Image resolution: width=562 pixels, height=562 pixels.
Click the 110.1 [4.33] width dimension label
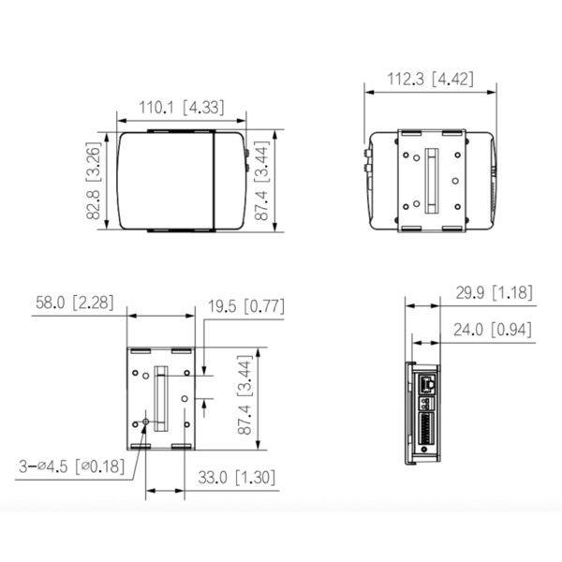[182, 108]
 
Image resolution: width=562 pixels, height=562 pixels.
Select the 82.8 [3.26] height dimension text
[94, 181]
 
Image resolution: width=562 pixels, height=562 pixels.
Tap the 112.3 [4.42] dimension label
[429, 80]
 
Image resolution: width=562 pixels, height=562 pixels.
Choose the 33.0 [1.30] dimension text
[237, 477]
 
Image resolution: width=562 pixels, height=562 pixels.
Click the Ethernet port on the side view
[428, 382]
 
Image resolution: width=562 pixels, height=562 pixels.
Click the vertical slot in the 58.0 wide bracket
[161, 398]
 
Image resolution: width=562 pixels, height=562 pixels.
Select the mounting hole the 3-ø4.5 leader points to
[142, 423]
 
